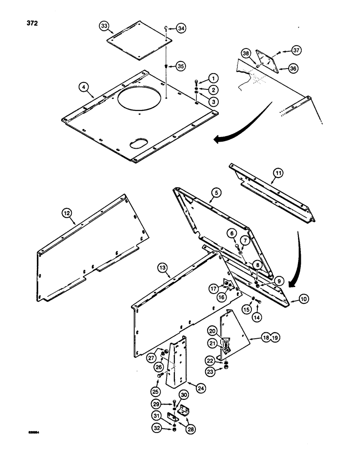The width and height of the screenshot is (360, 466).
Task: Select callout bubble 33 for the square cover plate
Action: (x=105, y=27)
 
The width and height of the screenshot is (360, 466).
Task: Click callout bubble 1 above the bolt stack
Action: (x=213, y=78)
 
